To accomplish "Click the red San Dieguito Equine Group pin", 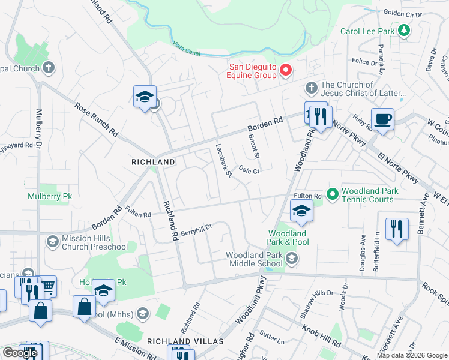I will (286, 70).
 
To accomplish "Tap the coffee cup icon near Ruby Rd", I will (382, 119).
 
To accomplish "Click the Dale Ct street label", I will (249, 171).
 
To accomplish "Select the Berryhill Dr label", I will (197, 229).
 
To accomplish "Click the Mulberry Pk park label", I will (49, 196).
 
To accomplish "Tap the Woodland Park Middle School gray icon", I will (292, 259).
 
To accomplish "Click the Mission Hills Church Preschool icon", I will (52, 241).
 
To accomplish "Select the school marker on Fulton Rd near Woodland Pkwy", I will (301, 210).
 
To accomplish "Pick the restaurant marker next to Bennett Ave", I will (397, 229).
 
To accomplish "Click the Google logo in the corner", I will (20, 353).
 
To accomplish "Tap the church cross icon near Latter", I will (311, 88).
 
